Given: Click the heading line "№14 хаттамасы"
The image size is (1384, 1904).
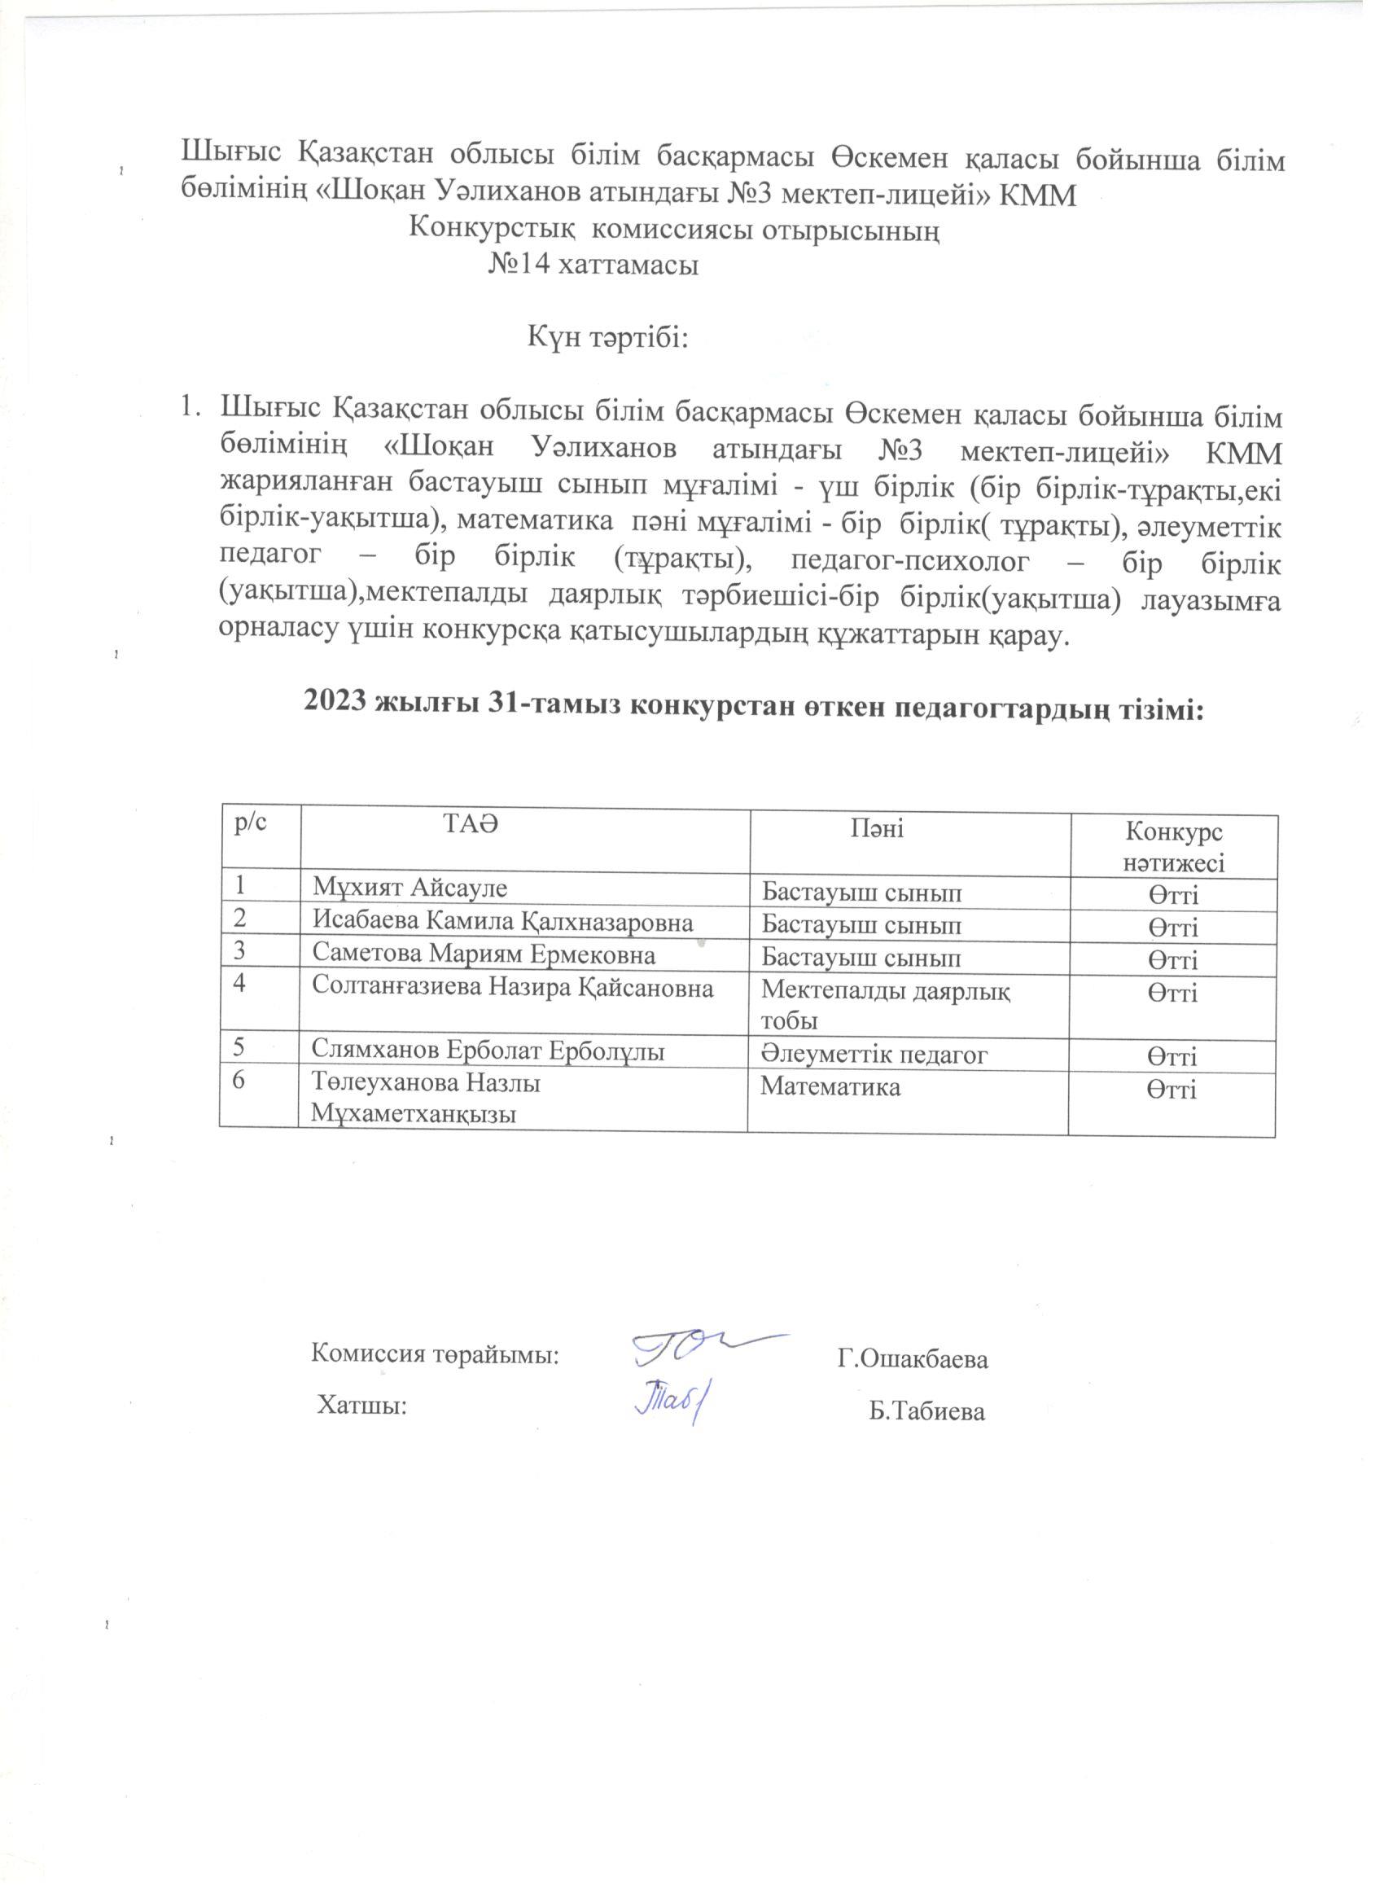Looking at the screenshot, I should (593, 266).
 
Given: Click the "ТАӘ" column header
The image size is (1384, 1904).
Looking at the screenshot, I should (471, 823).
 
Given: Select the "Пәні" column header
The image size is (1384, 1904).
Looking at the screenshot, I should (877, 829).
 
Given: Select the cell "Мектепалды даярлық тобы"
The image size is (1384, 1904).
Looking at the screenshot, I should (886, 1005).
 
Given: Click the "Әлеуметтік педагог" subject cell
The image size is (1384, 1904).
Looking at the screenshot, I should (874, 1055).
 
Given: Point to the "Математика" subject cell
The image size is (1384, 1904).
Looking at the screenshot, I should (831, 1087).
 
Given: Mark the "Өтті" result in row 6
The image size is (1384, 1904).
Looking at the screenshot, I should (1172, 1090).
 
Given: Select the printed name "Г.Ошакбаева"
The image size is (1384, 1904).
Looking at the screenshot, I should (913, 1359).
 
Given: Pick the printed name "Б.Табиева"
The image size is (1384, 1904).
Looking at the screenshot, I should (926, 1412).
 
